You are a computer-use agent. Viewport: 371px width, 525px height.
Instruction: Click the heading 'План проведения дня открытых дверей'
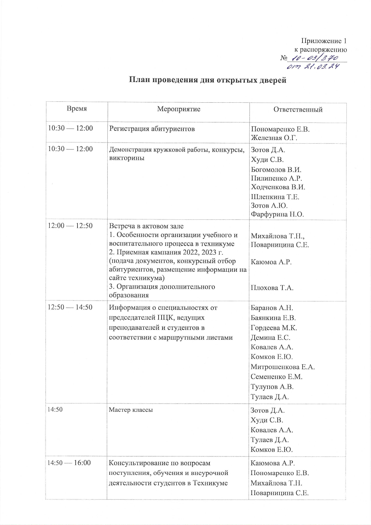click(208, 80)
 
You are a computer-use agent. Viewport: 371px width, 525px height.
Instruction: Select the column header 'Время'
click(77, 109)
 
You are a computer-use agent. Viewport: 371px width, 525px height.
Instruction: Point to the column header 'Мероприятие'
click(179, 109)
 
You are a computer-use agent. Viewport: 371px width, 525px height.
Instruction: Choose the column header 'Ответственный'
click(298, 109)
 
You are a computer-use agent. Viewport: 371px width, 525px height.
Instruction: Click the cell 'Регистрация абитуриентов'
click(152, 129)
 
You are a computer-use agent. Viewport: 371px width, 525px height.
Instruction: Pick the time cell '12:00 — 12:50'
click(70, 226)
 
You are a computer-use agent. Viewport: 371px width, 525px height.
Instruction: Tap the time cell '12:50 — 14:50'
click(70, 307)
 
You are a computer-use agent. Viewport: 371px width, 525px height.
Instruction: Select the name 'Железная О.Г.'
click(274, 138)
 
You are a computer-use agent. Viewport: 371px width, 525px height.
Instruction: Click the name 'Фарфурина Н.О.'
click(277, 214)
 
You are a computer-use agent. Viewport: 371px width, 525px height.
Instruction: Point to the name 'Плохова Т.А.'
click(272, 288)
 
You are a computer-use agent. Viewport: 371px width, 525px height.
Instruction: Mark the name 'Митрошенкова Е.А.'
click(282, 367)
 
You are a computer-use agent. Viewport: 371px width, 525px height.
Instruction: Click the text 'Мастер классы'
click(131, 410)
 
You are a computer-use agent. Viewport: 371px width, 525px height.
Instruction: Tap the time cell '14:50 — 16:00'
click(69, 463)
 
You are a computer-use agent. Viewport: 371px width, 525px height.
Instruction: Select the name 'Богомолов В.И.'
click(276, 169)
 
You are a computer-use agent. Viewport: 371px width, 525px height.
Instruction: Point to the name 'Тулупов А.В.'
click(272, 387)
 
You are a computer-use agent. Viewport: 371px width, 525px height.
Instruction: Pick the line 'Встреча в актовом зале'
click(146, 226)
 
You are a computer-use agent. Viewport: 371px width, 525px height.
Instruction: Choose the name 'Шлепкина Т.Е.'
click(275, 197)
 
